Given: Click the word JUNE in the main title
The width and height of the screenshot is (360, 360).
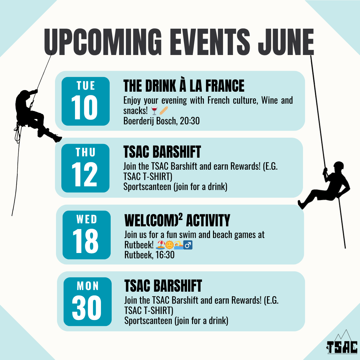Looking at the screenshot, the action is pos(286,42).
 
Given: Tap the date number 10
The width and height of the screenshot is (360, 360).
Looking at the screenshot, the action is pos(84,107).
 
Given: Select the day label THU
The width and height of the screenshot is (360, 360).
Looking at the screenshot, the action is pos(85,152).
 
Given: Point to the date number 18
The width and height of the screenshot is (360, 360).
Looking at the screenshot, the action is pos(85,241).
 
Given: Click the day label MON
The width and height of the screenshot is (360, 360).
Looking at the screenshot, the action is pos(88,286).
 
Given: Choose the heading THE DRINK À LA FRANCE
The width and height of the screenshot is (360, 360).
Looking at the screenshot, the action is pos(184,86).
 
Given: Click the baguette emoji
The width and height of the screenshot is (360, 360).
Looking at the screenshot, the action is pos(164,111).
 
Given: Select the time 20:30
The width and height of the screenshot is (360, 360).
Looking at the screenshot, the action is pos(190,121).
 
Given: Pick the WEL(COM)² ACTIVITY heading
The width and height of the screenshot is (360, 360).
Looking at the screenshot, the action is pos(177,220).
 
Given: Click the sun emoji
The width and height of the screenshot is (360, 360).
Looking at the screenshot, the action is pos(169,245).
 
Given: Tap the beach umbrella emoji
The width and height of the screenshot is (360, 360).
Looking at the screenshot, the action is pos(160,245).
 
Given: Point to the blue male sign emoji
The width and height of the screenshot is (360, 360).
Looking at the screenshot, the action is pos(188,245).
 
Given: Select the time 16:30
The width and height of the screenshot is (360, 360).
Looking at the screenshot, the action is pos(165,255).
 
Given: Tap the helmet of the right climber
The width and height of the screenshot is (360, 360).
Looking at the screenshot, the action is pos(338,165).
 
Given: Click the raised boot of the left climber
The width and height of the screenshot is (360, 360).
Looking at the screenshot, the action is pos(57,138).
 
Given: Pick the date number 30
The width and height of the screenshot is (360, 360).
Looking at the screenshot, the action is pos(87,308).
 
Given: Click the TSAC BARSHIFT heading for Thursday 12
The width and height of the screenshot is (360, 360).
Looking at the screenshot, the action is pos(162,152).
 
